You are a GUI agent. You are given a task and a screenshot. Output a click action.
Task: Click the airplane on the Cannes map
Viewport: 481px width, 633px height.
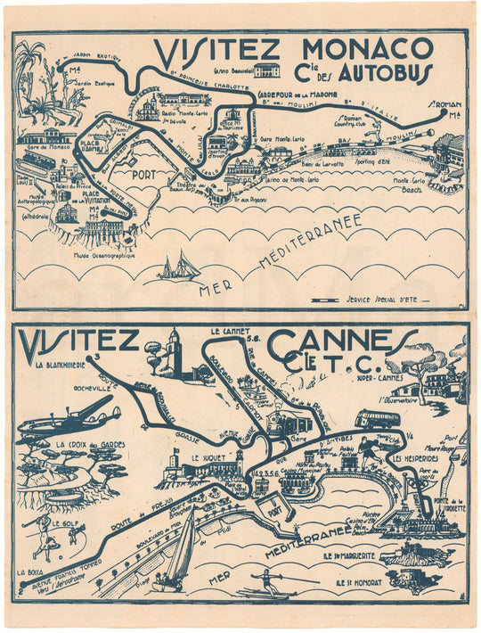[70, 420]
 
